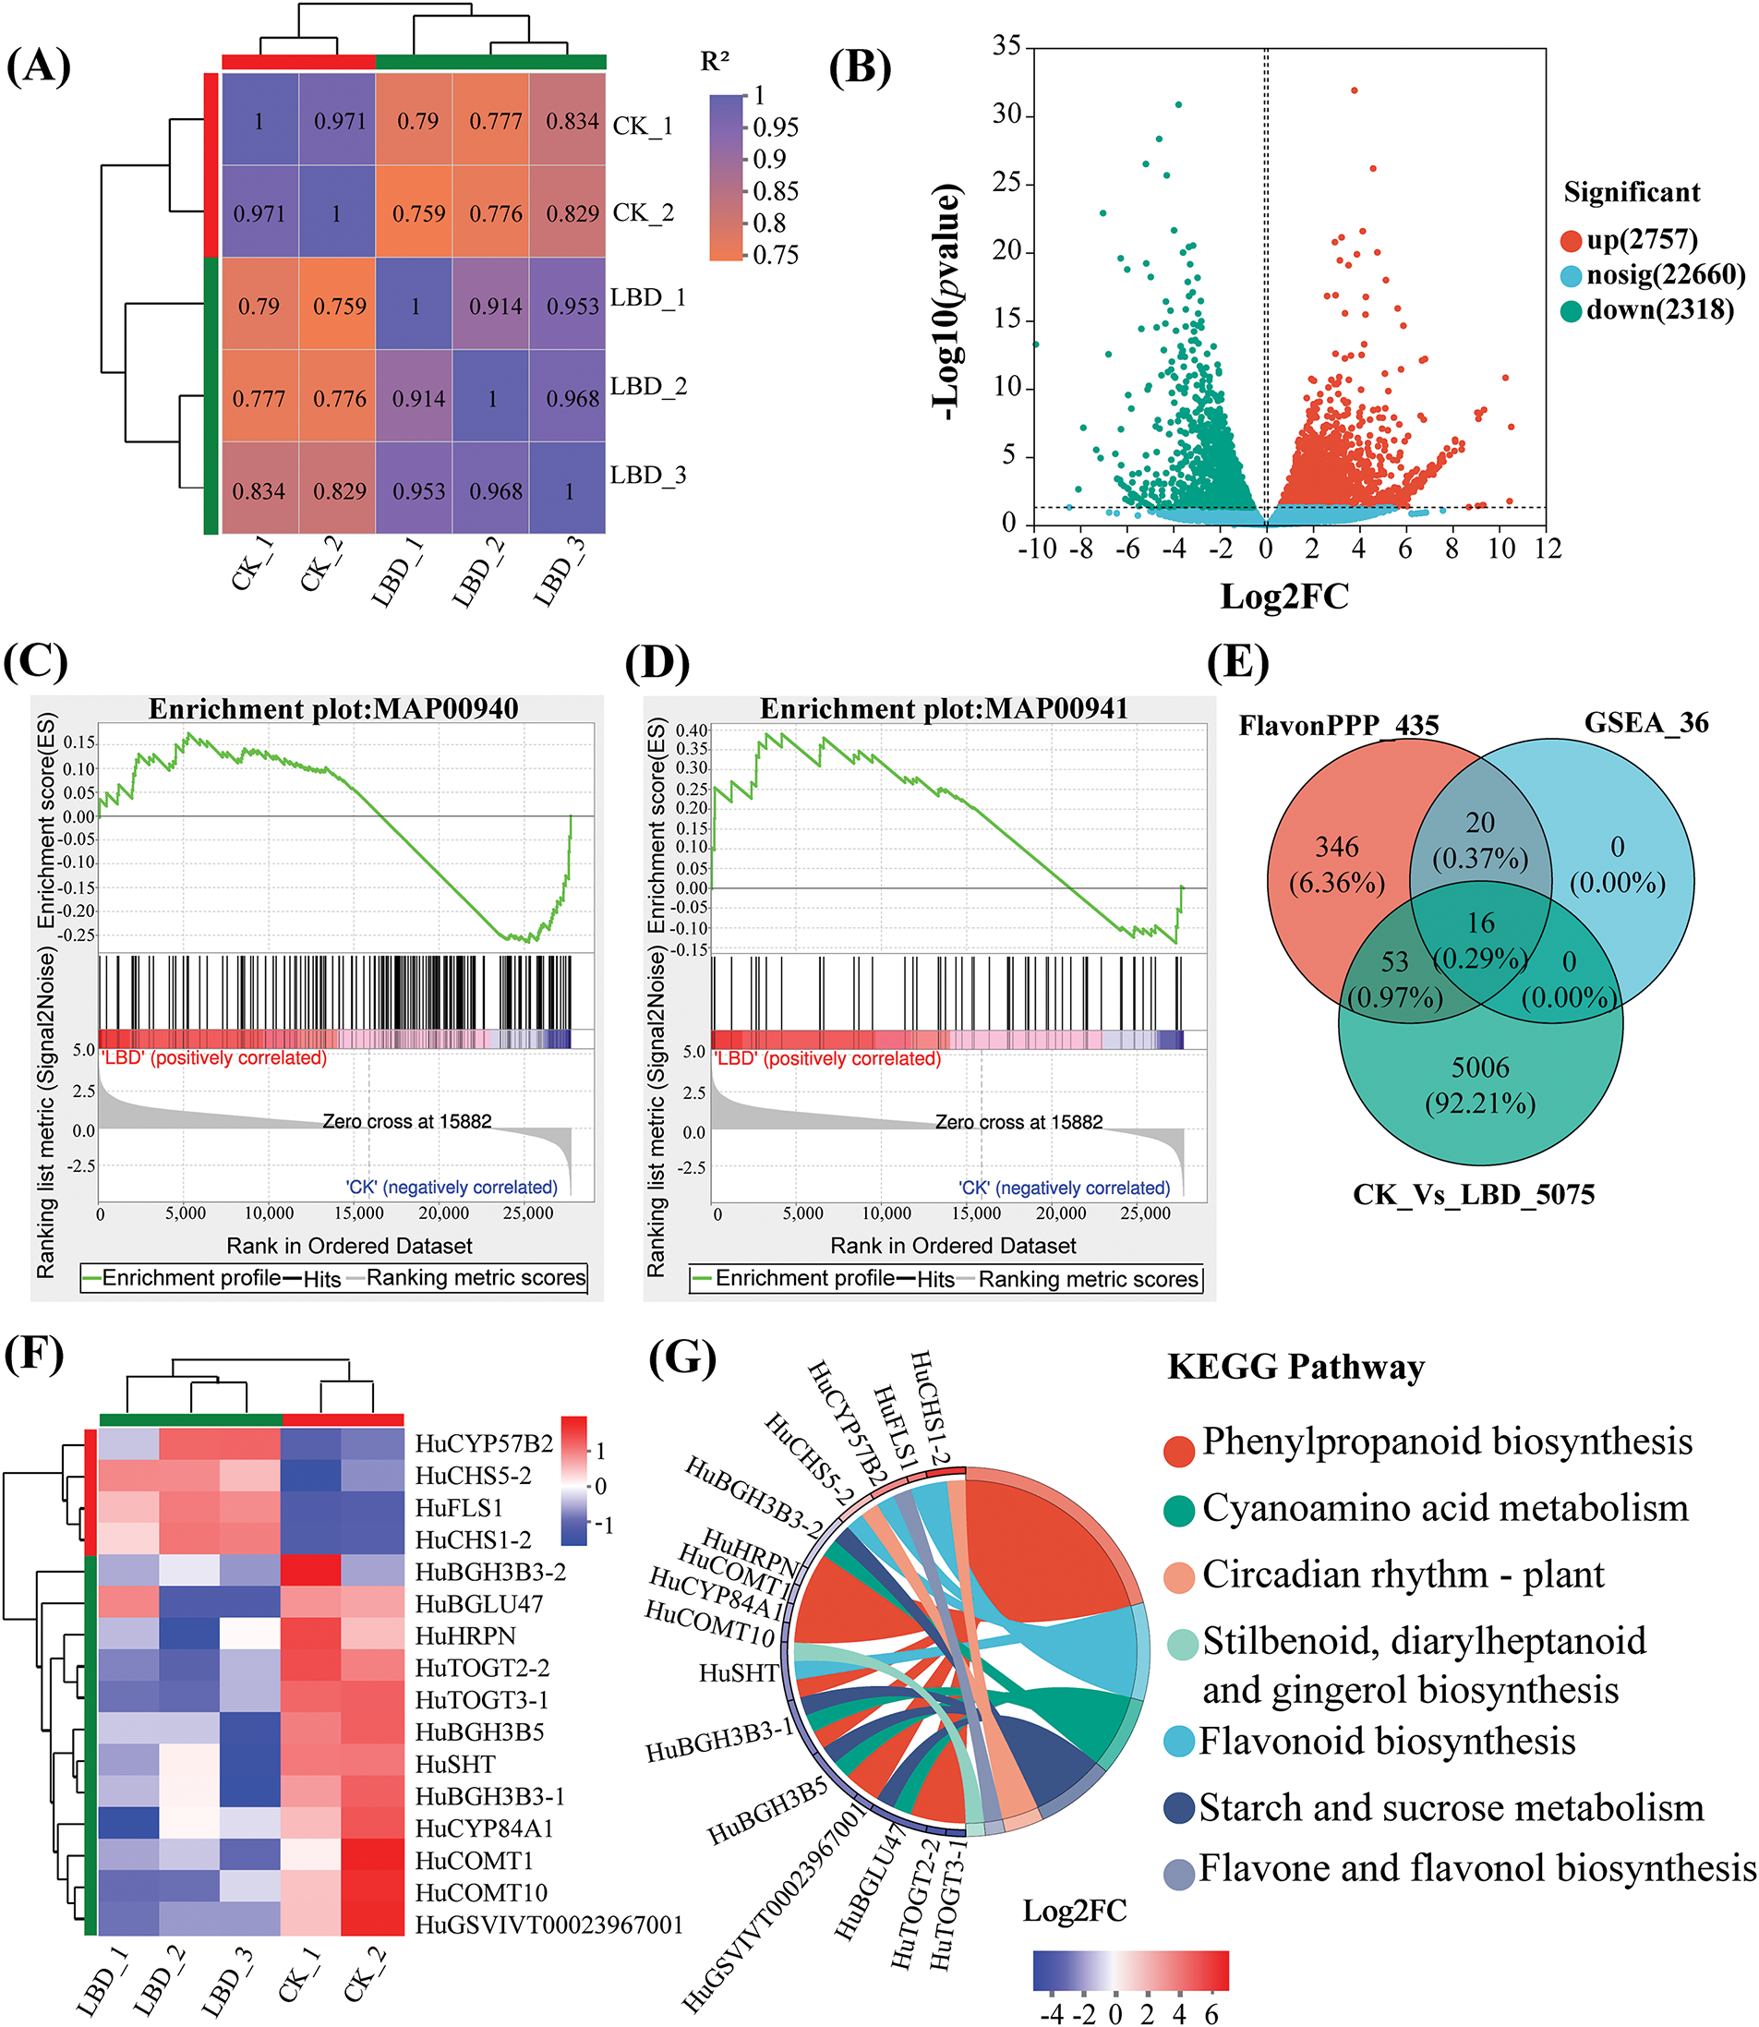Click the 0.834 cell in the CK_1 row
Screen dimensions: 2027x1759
pos(572,121)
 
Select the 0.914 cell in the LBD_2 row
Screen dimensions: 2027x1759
pos(419,399)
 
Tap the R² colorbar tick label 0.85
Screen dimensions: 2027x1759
pos(776,190)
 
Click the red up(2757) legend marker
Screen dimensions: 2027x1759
pos(1572,240)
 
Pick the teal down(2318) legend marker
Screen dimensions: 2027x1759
pos(1572,311)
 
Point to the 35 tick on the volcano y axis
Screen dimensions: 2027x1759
pos(1007,45)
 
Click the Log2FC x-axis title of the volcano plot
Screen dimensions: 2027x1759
pos(1283,596)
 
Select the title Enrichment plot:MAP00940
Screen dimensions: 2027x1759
pos(332,708)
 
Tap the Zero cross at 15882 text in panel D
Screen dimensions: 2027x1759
pos(1018,1122)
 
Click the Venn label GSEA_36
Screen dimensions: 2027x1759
pos(1646,723)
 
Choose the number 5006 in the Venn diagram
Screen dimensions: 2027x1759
pos(1480,1067)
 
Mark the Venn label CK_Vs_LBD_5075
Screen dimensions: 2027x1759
pos(1474,1195)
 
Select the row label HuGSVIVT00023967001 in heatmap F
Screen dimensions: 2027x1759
pos(548,1924)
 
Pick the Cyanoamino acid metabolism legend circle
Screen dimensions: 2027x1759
pos(1179,1511)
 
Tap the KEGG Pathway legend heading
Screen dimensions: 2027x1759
pos(1295,1368)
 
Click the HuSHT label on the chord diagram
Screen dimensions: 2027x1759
pos(738,1673)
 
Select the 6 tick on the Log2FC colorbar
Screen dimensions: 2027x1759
pos(1211,2014)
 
